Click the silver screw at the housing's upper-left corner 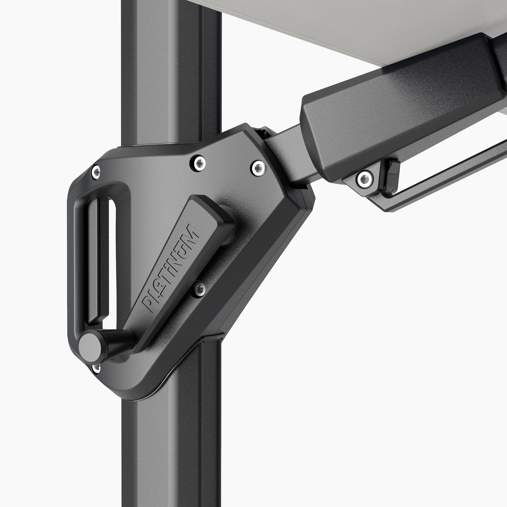[x=96, y=172]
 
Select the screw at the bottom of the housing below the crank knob [x=97, y=368]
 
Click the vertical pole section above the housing [x=171, y=66]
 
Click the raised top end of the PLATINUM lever [x=210, y=210]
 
